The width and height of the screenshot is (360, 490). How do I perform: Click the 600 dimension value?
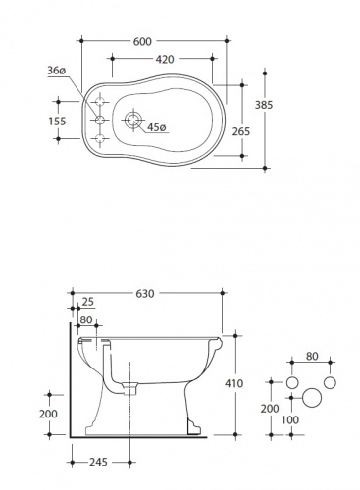(x=142, y=41)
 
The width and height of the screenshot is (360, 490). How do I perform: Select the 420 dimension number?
(x=165, y=59)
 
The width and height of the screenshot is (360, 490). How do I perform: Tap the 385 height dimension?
(x=264, y=105)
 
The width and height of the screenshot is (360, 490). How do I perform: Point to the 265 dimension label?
(x=241, y=131)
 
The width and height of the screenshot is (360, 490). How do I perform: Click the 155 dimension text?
(x=57, y=122)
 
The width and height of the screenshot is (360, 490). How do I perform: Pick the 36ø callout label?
(x=57, y=71)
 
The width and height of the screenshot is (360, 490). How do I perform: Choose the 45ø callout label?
(x=157, y=127)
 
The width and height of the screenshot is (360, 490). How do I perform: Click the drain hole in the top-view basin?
(x=132, y=120)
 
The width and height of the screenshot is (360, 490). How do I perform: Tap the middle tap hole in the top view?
(x=100, y=121)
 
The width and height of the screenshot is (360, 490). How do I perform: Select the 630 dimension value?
(x=144, y=294)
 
